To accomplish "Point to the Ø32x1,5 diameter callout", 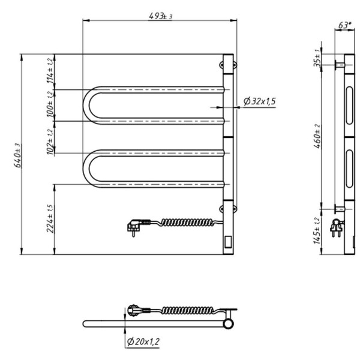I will point(260,101).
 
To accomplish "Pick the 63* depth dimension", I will point(344,25).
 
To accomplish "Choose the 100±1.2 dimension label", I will point(50,106).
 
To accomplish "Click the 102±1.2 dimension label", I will point(50,142).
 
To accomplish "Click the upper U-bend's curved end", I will point(90,105).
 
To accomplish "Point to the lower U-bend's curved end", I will point(90,168).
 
